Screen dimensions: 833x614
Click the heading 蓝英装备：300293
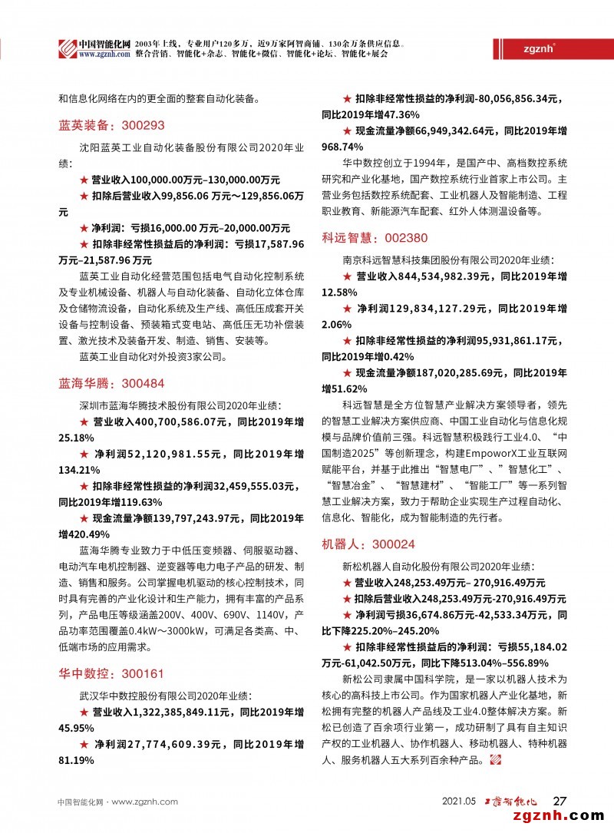click(111, 125)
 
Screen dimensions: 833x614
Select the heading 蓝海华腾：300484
click(111, 382)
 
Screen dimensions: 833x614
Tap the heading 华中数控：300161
click(111, 674)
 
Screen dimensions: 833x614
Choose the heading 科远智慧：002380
click(375, 238)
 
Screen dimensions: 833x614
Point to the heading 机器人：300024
click(368, 544)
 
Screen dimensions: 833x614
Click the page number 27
click(560, 801)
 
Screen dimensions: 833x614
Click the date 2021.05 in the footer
click(460, 802)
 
